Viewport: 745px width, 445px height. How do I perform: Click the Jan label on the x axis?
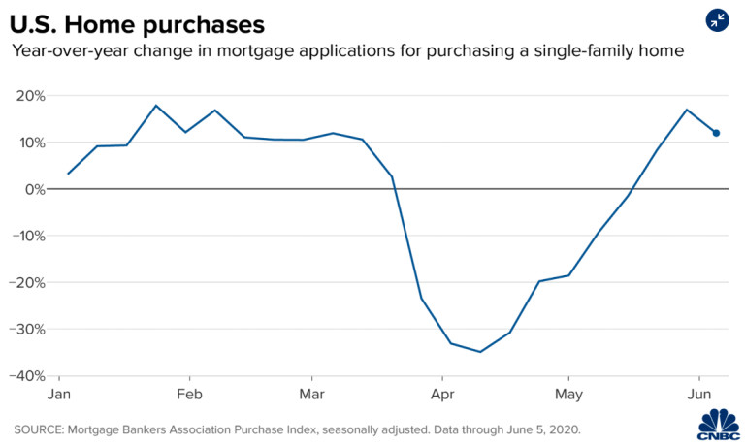click(60, 395)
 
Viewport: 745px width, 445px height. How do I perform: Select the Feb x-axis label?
click(189, 395)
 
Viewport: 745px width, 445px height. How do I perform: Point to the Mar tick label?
click(312, 395)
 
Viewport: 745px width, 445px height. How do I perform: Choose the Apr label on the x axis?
click(442, 395)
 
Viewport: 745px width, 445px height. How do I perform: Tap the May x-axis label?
click(568, 395)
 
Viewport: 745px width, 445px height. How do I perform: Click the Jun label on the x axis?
click(698, 395)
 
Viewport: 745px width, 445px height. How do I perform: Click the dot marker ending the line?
click(716, 133)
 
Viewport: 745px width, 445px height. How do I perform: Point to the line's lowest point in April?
click(480, 352)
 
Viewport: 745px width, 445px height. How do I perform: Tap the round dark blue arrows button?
click(718, 20)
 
